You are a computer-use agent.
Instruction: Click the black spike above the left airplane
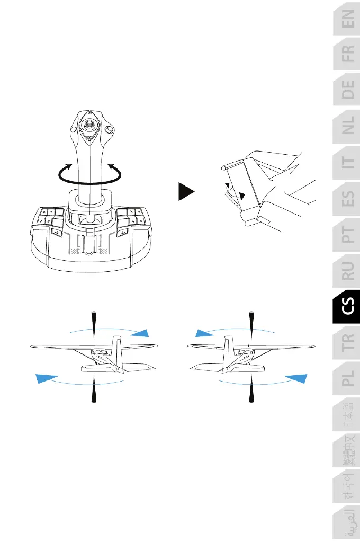click(93, 323)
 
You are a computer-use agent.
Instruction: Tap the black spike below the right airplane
click(250, 389)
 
